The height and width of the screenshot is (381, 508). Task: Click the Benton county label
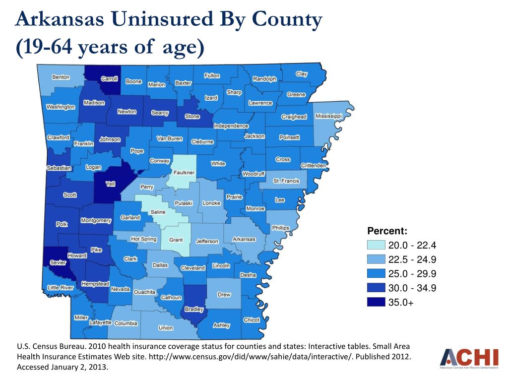[61, 77]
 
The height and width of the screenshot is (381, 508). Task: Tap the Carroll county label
[109, 79]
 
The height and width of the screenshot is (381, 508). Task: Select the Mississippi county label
[328, 116]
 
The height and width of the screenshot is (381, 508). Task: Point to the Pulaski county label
[183, 203]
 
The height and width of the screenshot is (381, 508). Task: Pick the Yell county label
[111, 184]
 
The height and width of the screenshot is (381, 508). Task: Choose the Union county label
[166, 328]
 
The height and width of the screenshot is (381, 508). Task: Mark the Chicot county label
[252, 320]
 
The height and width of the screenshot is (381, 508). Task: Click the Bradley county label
[193, 310]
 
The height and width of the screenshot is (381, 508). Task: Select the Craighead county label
[294, 117]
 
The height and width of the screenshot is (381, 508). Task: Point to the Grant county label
[176, 240]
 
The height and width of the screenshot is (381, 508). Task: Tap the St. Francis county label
[286, 181]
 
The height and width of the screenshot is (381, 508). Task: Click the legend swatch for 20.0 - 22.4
[376, 245]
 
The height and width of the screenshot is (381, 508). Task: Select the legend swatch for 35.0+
[376, 302]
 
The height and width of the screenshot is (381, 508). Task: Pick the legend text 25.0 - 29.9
[412, 274]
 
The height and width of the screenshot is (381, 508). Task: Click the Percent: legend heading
[387, 231]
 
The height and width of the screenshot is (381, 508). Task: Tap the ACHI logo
[469, 359]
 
